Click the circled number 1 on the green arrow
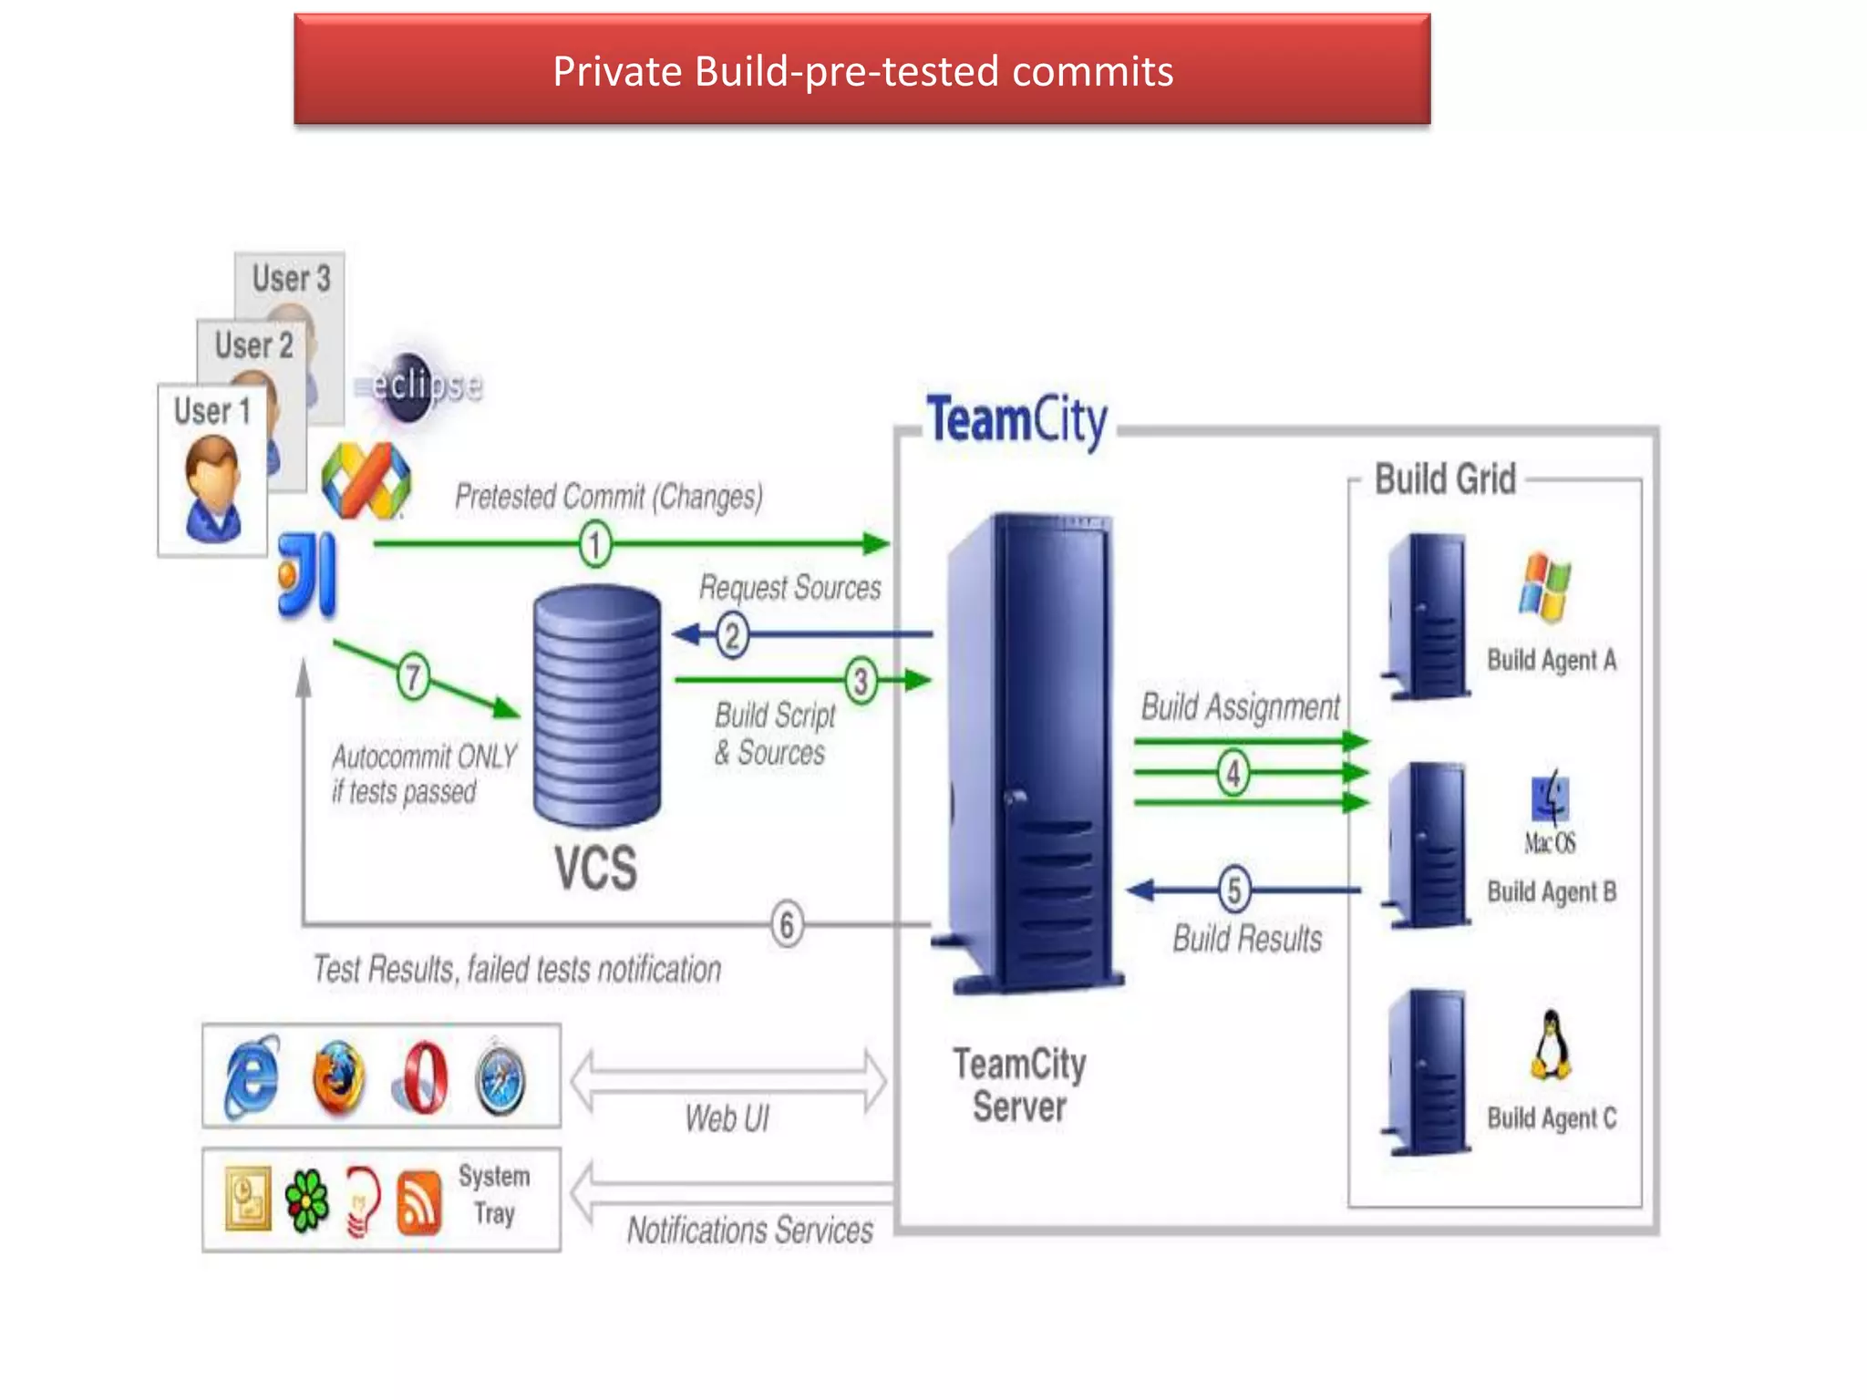(595, 545)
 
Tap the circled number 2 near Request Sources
(731, 635)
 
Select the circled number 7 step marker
(413, 677)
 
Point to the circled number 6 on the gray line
(787, 924)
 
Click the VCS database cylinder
(597, 706)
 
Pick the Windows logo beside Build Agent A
(1544, 587)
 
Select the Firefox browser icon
(337, 1078)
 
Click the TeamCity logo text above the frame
(1016, 420)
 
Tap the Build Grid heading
(1444, 479)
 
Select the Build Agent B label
(1552, 891)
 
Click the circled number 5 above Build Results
(1233, 890)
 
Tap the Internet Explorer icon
(252, 1078)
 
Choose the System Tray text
(493, 1195)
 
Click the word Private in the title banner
(617, 72)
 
